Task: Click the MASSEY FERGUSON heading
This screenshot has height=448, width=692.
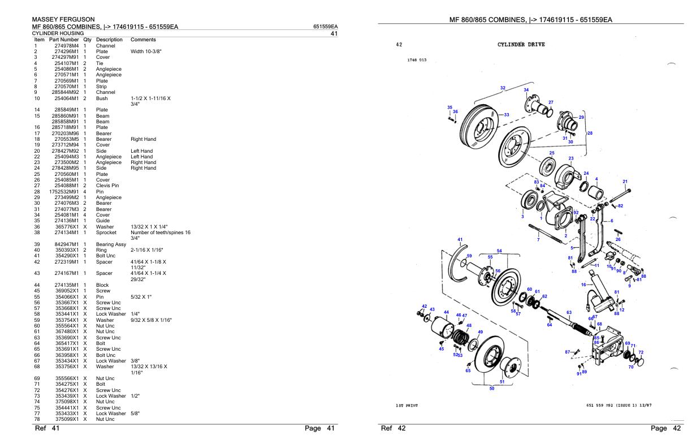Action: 63,20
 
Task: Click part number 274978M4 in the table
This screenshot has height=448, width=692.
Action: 66,46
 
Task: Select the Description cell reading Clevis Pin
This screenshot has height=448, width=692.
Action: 108,186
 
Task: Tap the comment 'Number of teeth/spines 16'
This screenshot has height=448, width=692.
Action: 161,232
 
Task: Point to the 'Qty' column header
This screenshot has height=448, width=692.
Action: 88,40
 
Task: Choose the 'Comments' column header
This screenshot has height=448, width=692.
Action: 143,40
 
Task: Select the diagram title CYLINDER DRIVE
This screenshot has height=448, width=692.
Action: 521,45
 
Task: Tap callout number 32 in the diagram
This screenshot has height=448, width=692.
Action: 503,88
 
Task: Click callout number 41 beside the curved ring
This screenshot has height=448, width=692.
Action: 460,239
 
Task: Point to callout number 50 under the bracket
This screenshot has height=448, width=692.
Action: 491,389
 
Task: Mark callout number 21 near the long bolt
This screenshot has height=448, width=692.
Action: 625,182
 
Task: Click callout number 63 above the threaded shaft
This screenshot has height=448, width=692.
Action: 569,312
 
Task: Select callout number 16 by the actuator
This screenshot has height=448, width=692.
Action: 583,285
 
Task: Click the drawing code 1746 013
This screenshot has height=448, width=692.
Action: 417,60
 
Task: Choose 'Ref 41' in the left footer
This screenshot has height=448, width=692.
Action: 47,428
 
